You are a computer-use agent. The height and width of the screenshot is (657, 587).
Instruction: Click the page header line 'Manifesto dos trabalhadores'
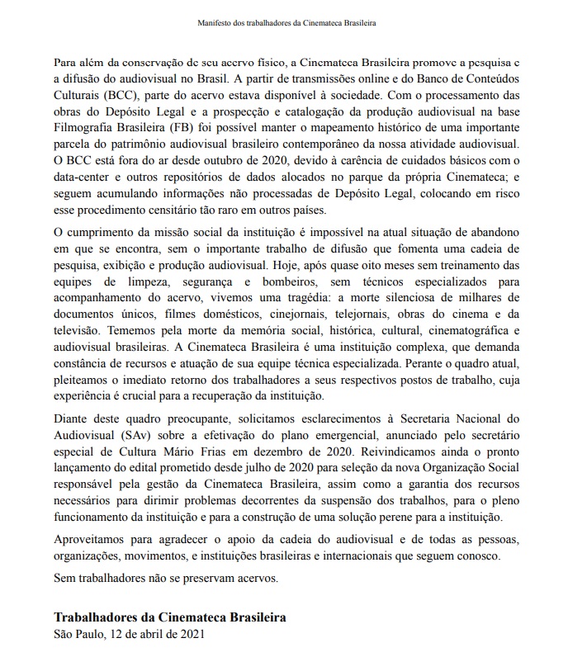tap(293, 23)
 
